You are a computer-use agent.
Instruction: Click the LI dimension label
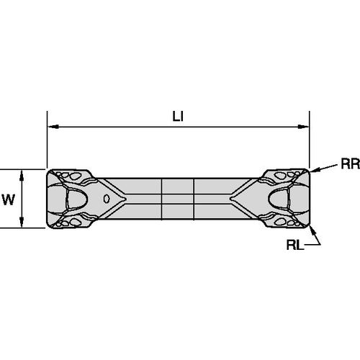point(178,117)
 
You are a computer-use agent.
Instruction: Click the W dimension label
point(9,199)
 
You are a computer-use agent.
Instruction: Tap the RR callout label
point(351,164)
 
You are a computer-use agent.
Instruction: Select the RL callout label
point(295,245)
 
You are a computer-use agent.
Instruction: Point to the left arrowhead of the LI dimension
point(53,127)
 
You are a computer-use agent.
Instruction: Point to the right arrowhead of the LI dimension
point(303,127)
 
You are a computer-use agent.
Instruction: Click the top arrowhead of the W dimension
point(22,175)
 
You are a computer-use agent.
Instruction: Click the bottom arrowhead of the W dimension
point(22,222)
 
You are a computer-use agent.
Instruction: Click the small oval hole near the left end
point(107,199)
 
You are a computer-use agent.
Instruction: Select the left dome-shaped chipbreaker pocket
point(77,199)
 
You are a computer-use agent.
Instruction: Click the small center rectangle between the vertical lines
point(178,199)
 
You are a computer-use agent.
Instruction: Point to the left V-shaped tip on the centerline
point(125,199)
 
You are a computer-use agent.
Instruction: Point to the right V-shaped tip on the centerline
point(231,199)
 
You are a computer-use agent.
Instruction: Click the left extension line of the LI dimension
point(47,140)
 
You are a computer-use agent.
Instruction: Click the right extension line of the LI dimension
point(310,140)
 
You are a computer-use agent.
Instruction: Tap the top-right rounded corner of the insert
point(307,171)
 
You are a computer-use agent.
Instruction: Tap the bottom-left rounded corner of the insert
point(48,226)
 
